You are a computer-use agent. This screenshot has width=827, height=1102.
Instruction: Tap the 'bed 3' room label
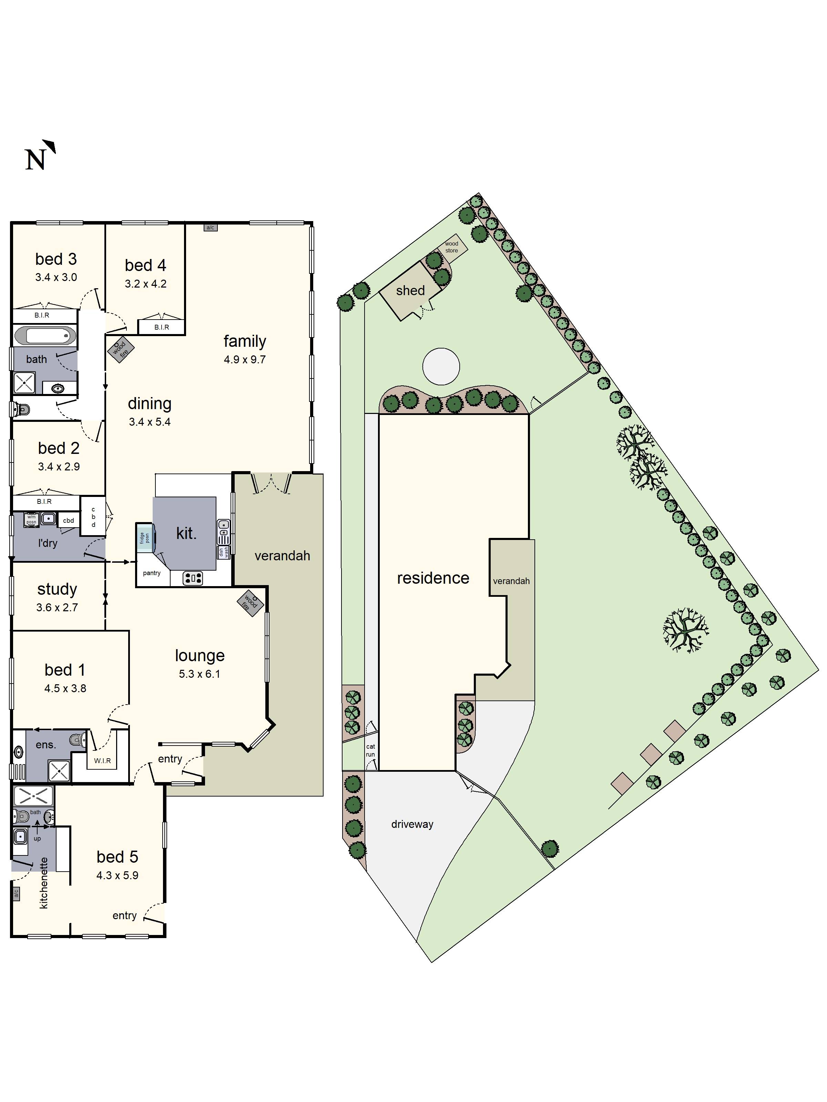pos(56,259)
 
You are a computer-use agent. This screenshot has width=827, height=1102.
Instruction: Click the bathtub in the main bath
pos(45,336)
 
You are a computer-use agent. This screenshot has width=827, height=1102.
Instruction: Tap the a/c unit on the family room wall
pos(210,228)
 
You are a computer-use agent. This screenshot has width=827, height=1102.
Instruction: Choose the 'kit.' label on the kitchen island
pos(186,533)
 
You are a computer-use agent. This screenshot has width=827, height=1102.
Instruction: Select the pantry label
pos(152,573)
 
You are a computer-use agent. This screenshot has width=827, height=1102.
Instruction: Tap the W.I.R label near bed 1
pos(103,761)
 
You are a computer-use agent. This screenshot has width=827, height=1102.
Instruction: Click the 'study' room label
pos(57,589)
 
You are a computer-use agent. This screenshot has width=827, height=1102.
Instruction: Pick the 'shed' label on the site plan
pos(410,290)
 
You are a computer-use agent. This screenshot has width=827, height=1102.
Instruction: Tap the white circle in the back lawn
pos(441,366)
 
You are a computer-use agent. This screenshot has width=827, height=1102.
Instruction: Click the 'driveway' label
pos(412,824)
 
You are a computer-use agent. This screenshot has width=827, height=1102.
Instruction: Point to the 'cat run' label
pos(370,750)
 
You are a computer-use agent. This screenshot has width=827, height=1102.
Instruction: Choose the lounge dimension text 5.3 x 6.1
pos(200,674)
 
